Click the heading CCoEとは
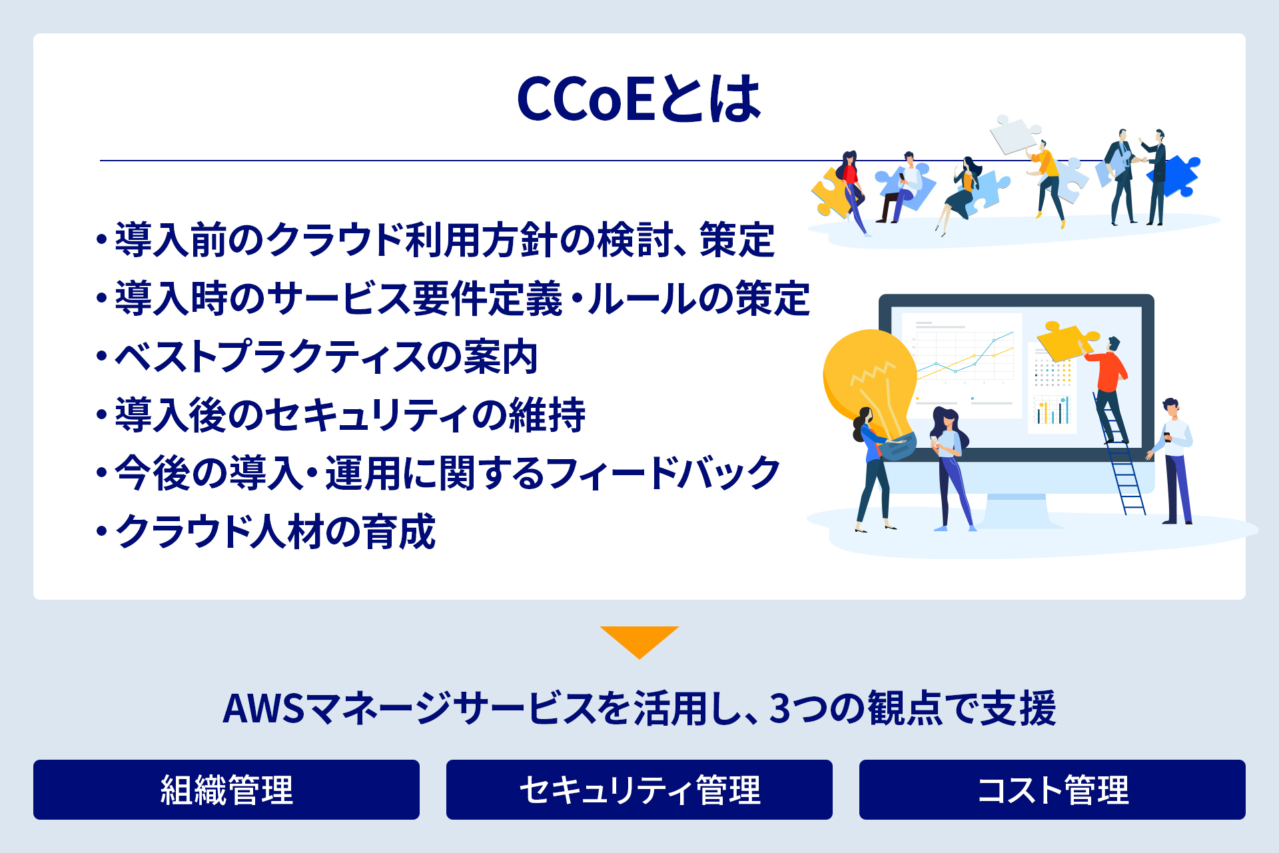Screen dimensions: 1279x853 tap(639, 99)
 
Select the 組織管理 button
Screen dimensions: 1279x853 tap(226, 790)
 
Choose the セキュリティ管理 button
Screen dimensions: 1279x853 tap(639, 790)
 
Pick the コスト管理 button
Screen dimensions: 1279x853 tap(1053, 790)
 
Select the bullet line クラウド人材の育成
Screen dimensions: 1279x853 tap(266, 532)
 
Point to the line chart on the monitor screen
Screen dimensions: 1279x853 tap(965, 357)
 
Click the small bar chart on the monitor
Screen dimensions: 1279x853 tap(1053, 410)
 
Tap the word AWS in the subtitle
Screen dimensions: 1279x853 tap(263, 708)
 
